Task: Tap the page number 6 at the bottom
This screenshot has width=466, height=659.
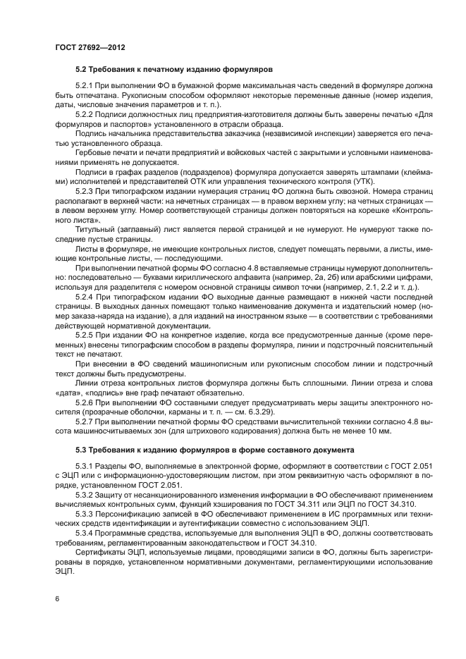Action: click(57, 598)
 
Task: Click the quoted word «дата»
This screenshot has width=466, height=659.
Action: click(68, 393)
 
